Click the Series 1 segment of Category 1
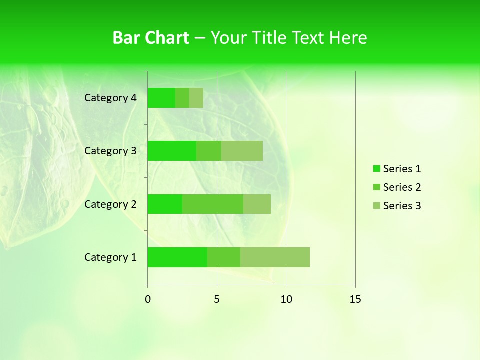coord(177,257)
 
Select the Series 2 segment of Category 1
coord(224,257)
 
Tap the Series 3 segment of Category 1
coord(275,257)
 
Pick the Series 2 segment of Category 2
coord(213,204)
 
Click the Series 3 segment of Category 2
coord(257,204)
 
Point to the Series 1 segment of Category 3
coord(172,151)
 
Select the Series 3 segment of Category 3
coord(242,151)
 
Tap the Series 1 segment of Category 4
coord(161,98)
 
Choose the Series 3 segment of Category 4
coord(196,98)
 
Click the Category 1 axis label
coord(110,257)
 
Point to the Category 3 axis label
coord(110,151)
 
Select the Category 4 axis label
coord(110,98)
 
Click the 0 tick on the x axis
coord(148,299)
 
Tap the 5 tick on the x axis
coord(217,299)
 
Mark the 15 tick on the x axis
coord(355,299)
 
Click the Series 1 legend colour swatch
coord(377,169)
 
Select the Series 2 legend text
coord(402,187)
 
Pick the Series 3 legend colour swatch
coord(377,206)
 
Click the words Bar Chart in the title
coord(151,38)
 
